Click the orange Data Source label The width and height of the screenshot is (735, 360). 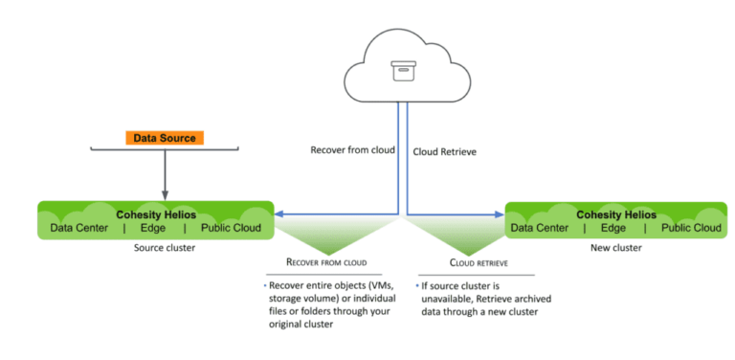pos(165,138)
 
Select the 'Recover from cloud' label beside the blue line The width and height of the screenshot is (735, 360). pos(351,150)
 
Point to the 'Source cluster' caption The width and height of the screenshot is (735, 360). pos(156,247)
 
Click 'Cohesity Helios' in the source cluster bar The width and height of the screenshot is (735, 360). pos(155,214)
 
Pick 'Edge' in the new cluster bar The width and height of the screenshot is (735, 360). pos(614,228)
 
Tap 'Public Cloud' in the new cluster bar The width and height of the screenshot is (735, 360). pos(691,228)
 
